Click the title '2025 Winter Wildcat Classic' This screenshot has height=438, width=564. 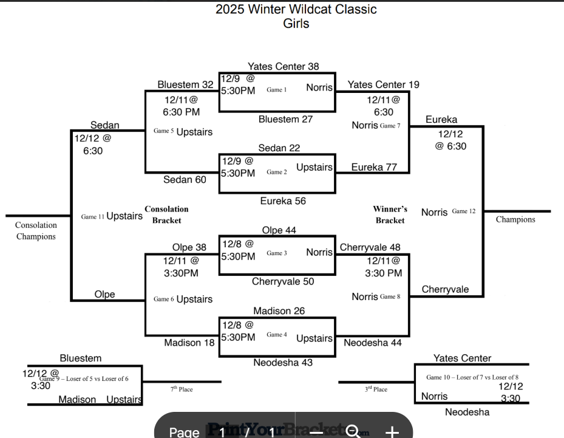296,9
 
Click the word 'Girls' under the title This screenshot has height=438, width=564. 296,24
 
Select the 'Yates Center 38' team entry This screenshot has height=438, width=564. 283,66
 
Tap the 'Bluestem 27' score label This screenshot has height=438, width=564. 285,119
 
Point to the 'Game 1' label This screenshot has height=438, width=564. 276,90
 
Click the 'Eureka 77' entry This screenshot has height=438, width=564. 375,167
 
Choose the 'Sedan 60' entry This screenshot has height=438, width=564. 185,179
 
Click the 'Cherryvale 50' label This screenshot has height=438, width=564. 283,281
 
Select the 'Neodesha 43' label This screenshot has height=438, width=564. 283,362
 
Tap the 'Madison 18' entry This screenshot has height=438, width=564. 189,343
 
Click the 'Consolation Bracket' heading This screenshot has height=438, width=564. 166,214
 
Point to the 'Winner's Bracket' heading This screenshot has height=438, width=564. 390,214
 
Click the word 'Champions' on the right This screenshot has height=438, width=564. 515,219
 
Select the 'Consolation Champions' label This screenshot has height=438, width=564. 36,231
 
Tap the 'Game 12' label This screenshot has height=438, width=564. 464,211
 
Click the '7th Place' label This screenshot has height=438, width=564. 182,389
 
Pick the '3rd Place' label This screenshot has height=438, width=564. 376,389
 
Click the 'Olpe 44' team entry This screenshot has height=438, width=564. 279,230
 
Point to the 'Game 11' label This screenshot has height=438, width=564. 93,216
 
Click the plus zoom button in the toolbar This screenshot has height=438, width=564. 392,432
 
